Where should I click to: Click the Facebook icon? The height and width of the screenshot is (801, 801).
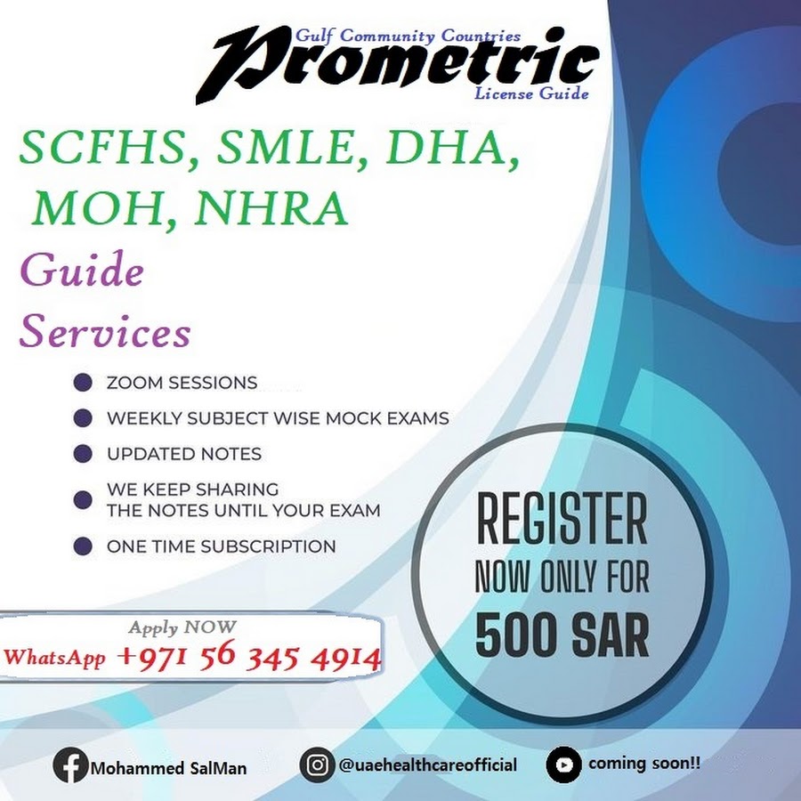click(x=70, y=765)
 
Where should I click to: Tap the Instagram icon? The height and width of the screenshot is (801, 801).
click(x=317, y=765)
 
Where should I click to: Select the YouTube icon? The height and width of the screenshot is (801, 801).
click(x=563, y=765)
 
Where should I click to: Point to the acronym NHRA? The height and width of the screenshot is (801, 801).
click(x=271, y=209)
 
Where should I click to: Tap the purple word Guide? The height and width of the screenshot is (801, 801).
click(x=82, y=269)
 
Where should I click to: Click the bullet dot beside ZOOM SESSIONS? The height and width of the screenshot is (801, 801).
click(x=83, y=382)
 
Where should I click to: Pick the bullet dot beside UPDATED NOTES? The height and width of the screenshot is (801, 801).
click(x=83, y=454)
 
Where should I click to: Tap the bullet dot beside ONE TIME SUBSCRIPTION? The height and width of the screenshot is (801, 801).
click(x=83, y=546)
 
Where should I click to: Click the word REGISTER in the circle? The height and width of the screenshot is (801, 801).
click(x=562, y=520)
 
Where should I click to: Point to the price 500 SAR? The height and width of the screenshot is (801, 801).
click(x=562, y=635)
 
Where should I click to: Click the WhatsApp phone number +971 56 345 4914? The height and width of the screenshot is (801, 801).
click(x=249, y=656)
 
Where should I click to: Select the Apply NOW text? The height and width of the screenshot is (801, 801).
click(x=182, y=627)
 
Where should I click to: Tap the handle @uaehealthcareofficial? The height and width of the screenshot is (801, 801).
click(x=427, y=765)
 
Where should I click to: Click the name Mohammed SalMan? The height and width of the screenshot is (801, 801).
click(x=168, y=768)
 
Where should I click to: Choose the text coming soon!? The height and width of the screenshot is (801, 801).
click(x=644, y=764)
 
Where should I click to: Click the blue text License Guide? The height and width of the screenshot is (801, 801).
click(x=531, y=94)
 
